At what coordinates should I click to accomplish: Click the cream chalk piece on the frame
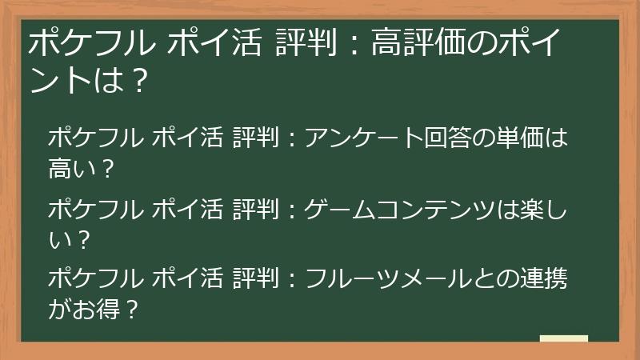(x=564, y=339)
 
